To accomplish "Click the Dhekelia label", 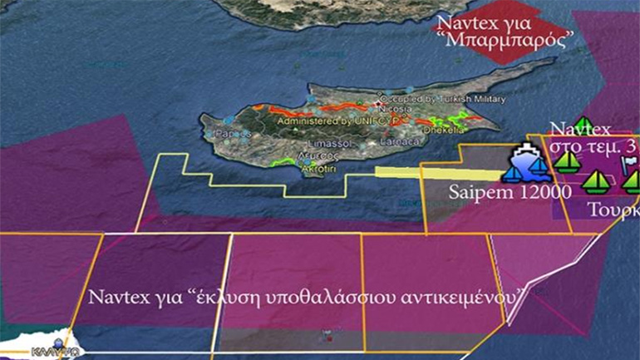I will tap(439, 131).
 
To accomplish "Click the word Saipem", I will tap(476, 191).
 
